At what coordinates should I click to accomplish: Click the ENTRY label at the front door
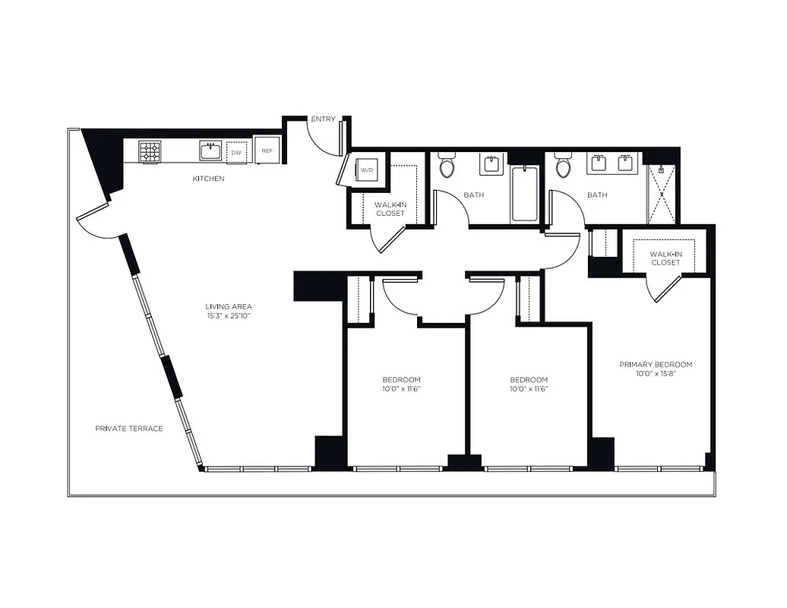(x=323, y=119)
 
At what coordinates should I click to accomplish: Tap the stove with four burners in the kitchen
(x=150, y=151)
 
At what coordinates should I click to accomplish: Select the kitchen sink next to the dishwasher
(x=210, y=150)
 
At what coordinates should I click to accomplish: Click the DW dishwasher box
(x=237, y=152)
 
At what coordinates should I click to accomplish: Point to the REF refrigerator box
(x=267, y=151)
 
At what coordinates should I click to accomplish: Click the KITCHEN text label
(x=208, y=179)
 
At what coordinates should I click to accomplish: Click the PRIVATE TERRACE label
(x=129, y=429)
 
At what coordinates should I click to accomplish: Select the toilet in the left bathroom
(x=447, y=165)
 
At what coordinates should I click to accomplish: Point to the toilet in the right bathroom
(x=563, y=165)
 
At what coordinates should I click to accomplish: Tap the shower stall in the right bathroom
(x=662, y=195)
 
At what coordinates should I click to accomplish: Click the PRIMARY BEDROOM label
(x=656, y=364)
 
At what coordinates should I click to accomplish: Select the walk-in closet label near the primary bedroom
(x=665, y=258)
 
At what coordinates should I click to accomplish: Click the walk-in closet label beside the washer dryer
(x=390, y=208)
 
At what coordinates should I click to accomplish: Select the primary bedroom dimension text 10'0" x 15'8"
(x=656, y=374)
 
